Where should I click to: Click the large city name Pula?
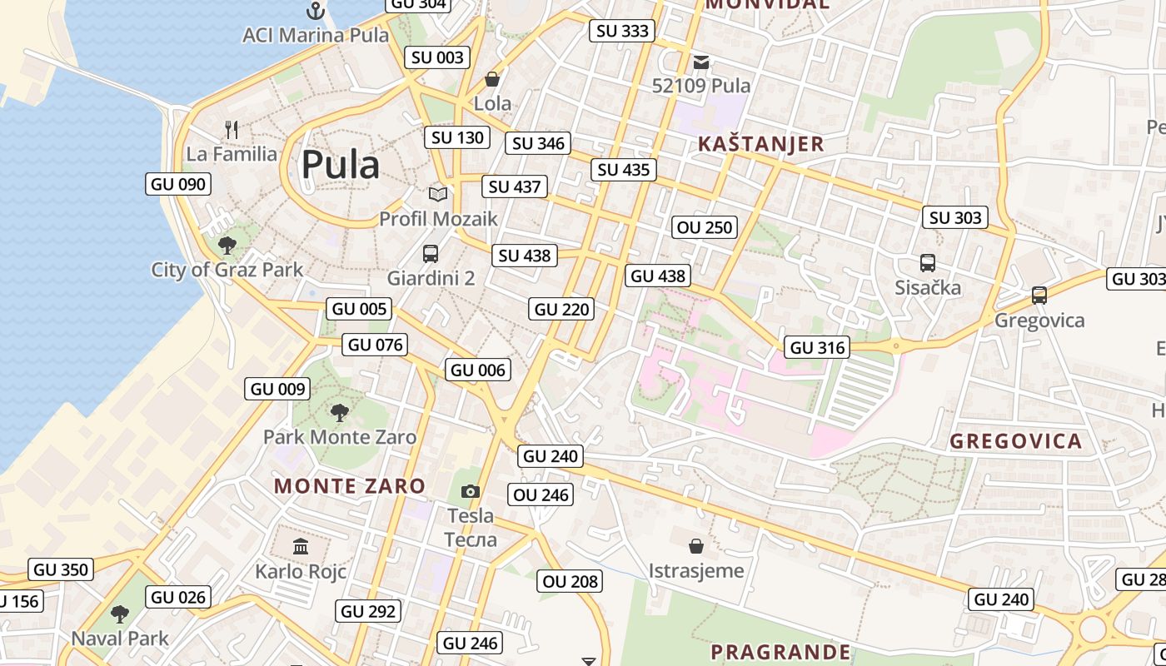[340, 164]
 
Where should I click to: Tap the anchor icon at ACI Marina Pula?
[316, 11]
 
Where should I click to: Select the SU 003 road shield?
[437, 57]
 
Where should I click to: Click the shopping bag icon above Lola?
[492, 80]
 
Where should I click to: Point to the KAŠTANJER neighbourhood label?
[760, 143]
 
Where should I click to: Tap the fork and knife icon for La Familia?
[232, 130]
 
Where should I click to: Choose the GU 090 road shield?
[178, 184]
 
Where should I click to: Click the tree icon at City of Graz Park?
[227, 246]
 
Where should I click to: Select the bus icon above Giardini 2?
[431, 254]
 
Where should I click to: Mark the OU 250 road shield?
[705, 227]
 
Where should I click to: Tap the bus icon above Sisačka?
[928, 263]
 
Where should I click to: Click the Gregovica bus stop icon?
[1039, 296]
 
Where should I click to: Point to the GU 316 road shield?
[817, 347]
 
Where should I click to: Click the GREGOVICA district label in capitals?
[1016, 441]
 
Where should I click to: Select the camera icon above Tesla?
[471, 491]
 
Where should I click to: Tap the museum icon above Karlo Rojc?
[301, 547]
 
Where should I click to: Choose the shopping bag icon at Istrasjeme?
[696, 546]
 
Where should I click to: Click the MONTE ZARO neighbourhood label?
[350, 485]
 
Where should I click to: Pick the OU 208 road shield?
[571, 581]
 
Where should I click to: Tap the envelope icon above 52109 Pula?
[701, 62]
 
